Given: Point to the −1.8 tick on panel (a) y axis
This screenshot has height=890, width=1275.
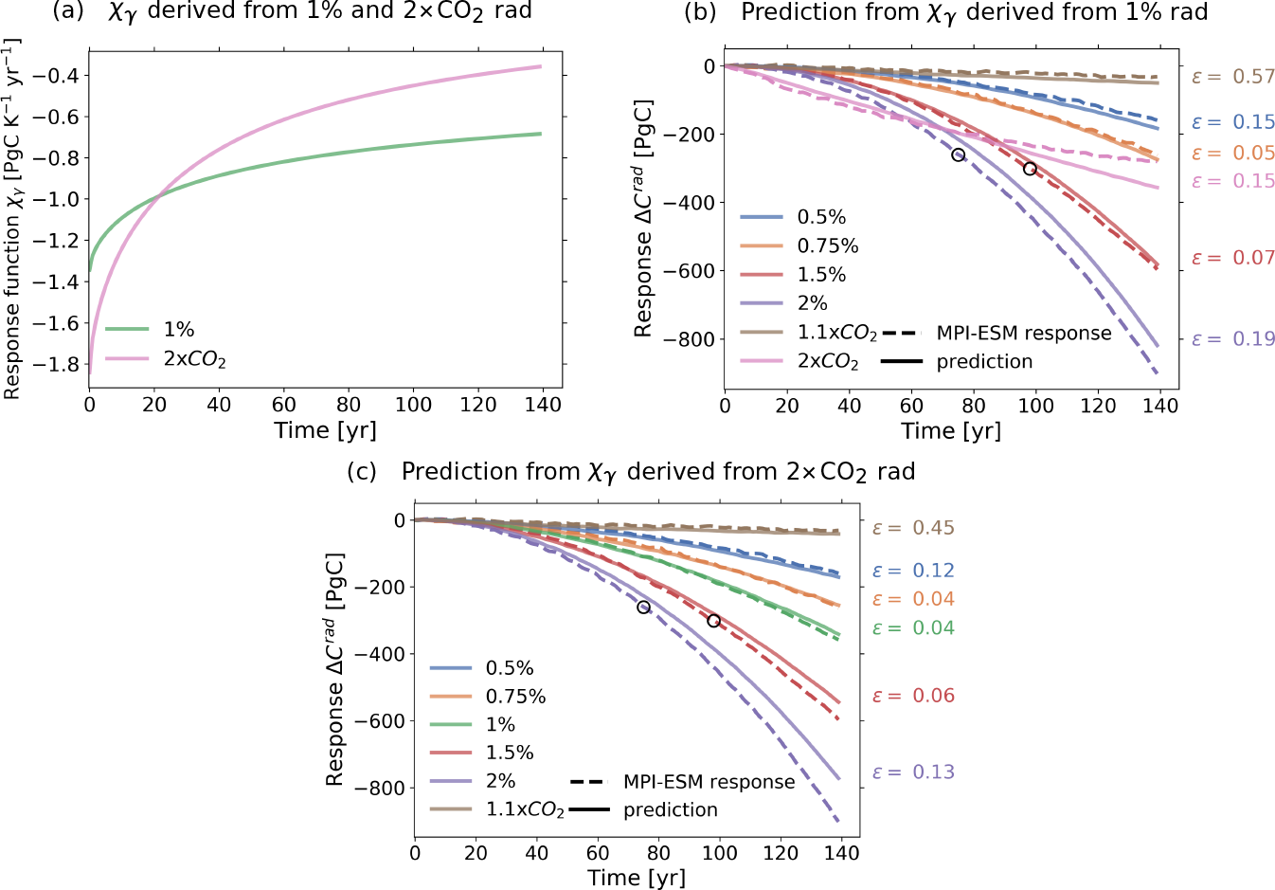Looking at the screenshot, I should coord(59,365).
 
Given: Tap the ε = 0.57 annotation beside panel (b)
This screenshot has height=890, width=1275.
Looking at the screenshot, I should coord(1232,77).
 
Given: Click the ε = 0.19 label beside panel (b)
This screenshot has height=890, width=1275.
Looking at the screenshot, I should coord(1232,339).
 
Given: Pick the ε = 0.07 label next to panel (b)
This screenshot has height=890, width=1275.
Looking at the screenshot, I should coord(1232,258).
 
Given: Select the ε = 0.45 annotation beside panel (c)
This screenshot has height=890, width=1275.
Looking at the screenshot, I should coord(912,528).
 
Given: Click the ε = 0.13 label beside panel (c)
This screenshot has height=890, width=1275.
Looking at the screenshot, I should coord(912,772).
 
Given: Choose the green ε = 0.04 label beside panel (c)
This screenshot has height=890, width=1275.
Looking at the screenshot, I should coord(912,628).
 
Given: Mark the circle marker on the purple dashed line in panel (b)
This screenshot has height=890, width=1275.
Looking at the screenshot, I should coord(958,154).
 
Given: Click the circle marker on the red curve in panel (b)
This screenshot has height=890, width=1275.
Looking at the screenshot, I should coord(1030,169).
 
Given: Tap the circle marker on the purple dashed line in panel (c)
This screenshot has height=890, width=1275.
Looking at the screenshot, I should coord(644,608).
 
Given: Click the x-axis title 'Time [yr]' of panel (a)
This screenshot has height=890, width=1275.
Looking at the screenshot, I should coord(325,430).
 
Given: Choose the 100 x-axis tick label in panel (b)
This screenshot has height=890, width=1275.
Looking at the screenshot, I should coord(1035,406).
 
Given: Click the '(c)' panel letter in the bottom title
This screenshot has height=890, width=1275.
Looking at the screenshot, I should coord(362,472).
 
